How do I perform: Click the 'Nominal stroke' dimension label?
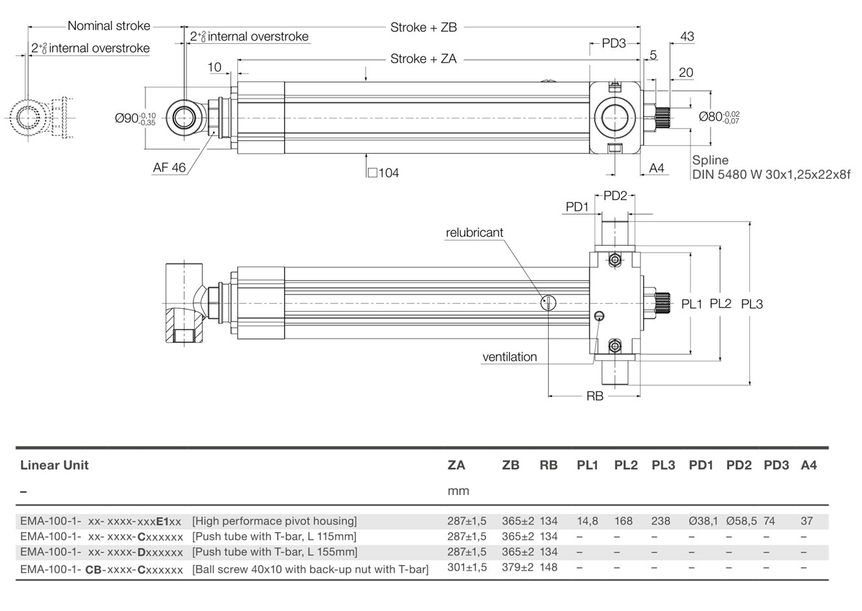109,26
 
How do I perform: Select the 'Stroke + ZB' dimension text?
424,27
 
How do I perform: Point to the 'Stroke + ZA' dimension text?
424,59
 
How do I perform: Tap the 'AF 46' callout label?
169,168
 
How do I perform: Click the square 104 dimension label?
383,173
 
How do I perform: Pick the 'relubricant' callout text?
474,233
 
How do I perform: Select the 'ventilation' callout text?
510,357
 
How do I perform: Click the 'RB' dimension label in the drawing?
594,396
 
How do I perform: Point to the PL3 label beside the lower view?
752,304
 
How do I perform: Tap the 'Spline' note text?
710,160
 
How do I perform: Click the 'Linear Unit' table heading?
54,465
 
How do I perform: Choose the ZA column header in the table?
456,465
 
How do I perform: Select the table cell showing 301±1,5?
467,567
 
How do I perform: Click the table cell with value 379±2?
518,567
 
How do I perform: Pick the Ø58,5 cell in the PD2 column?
741,521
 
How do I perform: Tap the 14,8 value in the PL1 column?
587,521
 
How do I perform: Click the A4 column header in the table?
809,465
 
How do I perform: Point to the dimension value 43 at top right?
687,37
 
